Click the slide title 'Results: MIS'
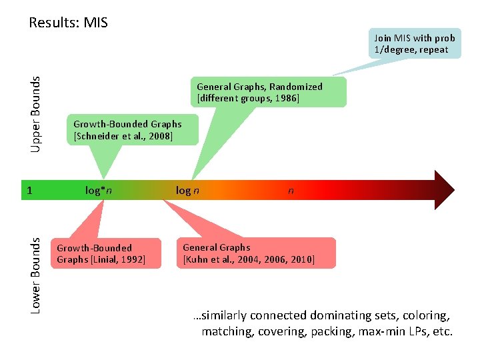click(68, 23)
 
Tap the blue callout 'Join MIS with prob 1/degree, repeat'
click(414, 44)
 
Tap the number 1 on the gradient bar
click(29, 191)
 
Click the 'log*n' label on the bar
click(98, 191)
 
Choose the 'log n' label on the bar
click(187, 191)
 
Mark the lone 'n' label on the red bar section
click(290, 191)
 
